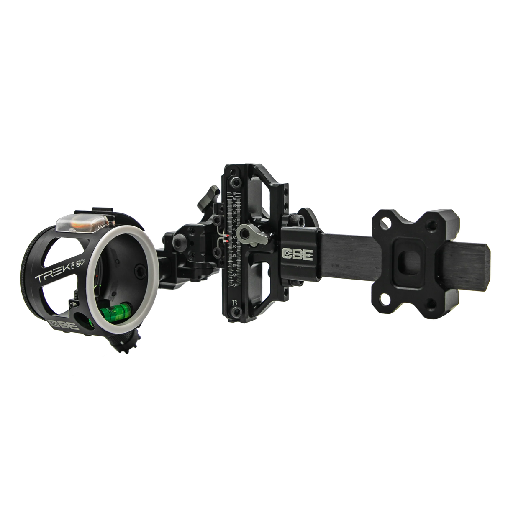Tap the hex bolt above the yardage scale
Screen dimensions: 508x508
pos(236,182)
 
